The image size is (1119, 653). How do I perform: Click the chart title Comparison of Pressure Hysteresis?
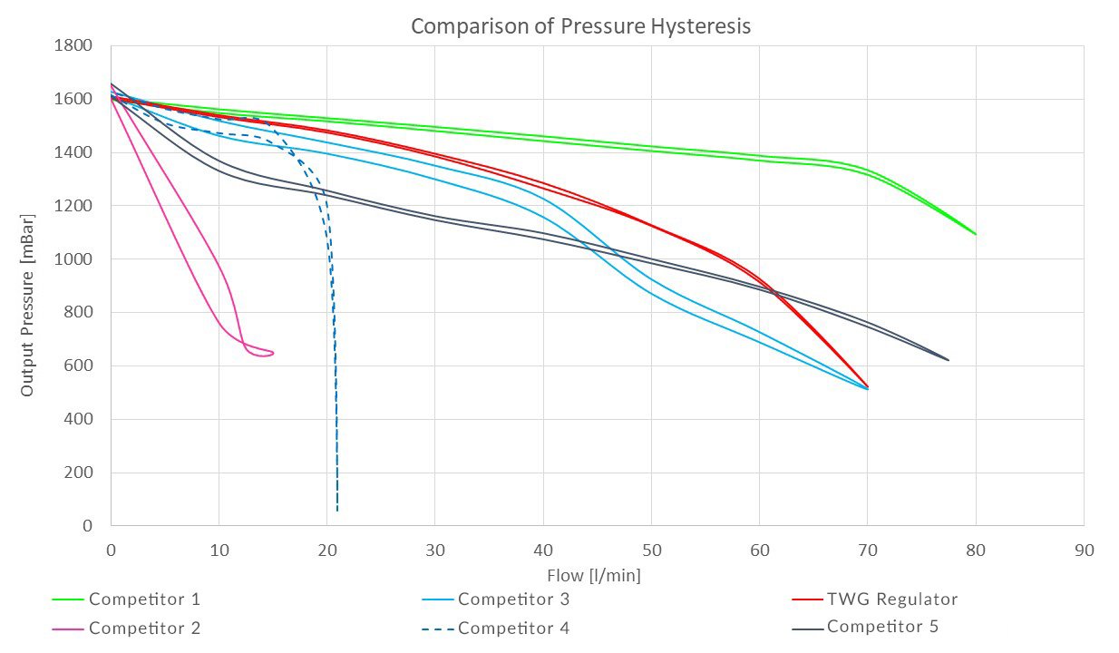[x=580, y=26]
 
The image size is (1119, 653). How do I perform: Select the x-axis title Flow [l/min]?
[x=596, y=575]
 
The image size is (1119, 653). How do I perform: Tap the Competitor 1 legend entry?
[x=144, y=599]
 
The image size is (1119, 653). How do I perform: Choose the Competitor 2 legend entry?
[x=144, y=628]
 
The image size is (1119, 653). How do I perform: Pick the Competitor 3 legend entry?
[x=513, y=599]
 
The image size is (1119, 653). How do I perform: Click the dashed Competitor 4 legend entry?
[x=513, y=628]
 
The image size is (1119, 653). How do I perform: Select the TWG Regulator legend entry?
[x=891, y=599]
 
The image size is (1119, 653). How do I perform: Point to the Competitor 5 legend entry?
[x=882, y=627]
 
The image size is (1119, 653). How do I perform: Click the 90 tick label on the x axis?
[x=1083, y=551]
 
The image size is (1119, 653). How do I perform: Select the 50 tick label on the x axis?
[x=651, y=551]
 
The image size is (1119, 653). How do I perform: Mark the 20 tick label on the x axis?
[x=326, y=551]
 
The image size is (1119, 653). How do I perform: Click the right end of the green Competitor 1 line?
[x=976, y=234]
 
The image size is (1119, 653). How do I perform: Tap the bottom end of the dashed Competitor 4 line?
[x=337, y=511]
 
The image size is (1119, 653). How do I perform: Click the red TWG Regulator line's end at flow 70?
[x=868, y=386]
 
